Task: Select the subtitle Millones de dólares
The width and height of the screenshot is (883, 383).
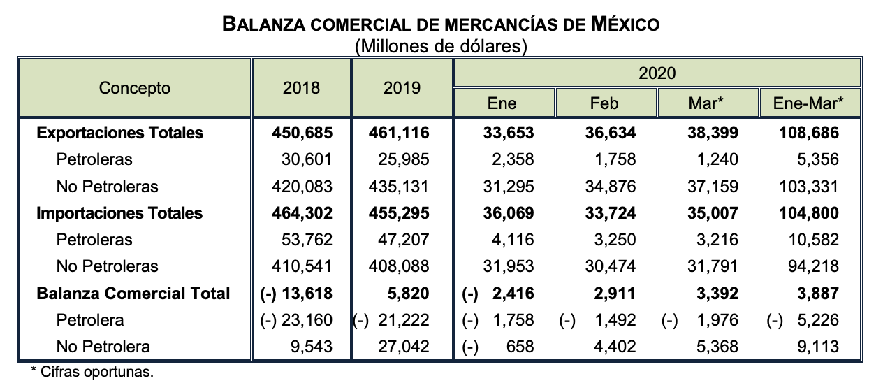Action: (x=440, y=47)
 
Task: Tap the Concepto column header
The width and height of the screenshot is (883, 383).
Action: (x=135, y=88)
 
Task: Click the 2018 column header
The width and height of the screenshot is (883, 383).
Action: (x=302, y=88)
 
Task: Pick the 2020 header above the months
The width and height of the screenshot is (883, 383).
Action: (x=657, y=73)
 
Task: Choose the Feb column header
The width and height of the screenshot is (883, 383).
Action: (x=605, y=103)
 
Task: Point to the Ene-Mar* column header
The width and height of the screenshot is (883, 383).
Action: (x=808, y=103)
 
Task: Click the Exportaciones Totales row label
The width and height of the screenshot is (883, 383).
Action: (x=119, y=133)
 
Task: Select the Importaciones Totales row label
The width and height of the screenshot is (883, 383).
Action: (x=119, y=213)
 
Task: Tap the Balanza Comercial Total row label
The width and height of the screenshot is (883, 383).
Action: (x=133, y=293)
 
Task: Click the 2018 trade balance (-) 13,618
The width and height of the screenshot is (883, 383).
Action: (x=297, y=293)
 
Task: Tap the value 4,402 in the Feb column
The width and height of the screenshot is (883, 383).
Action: (x=615, y=346)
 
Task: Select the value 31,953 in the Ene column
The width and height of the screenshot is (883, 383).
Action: (x=509, y=266)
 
